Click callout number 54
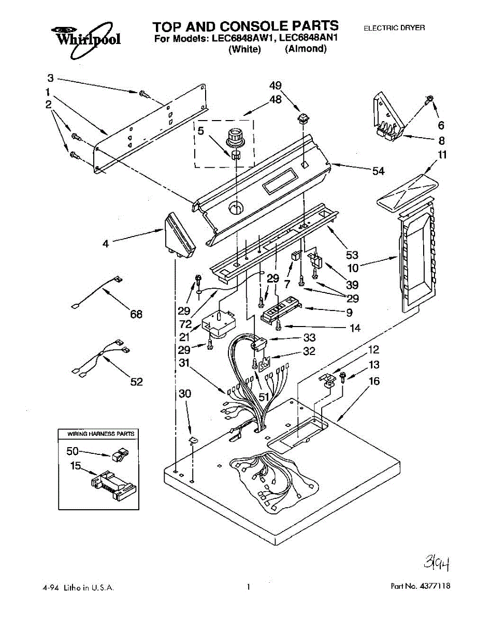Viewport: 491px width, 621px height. tap(379, 171)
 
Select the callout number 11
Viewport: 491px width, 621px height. tap(442, 155)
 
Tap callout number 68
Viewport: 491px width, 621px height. tap(136, 314)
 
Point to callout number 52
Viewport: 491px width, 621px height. tap(136, 381)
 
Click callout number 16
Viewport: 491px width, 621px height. tap(373, 381)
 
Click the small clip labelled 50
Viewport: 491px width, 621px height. tap(119, 455)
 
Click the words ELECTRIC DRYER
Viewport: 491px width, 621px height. tap(394, 28)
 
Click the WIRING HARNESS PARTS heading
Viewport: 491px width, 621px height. tap(97, 434)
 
